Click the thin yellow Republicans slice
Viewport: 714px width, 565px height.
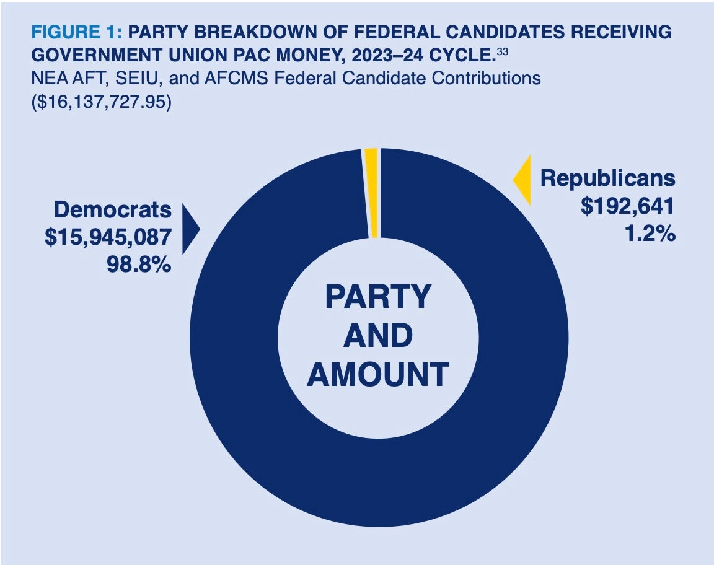371,193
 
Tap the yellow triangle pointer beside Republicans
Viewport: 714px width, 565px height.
522,180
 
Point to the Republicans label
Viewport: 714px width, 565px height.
607,178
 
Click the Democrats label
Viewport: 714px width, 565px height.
112,209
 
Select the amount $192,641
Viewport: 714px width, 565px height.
627,206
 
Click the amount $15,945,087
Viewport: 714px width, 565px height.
108,238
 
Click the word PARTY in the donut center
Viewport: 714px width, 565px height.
378,297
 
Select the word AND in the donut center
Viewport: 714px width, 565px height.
378,336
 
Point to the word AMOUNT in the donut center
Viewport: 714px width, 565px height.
378,375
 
